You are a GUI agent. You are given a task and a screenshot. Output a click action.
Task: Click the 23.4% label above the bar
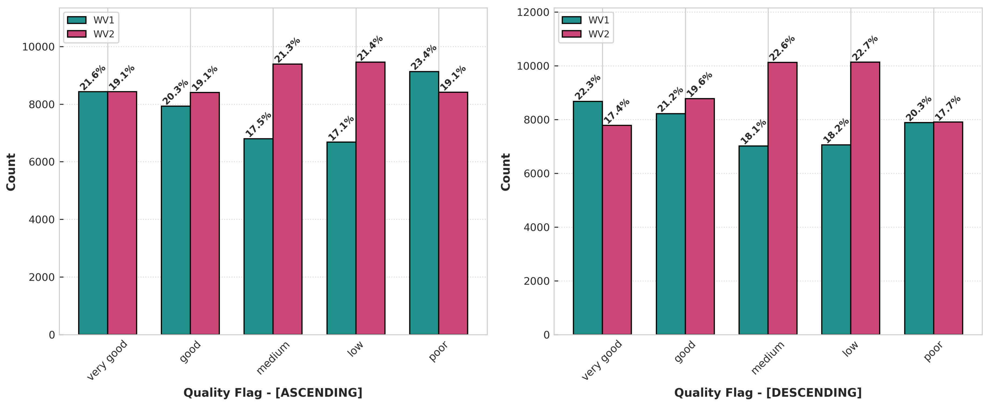(x=423, y=57)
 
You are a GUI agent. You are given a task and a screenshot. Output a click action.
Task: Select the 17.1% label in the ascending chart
(x=341, y=128)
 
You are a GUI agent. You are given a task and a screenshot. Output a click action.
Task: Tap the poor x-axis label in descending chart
(x=933, y=351)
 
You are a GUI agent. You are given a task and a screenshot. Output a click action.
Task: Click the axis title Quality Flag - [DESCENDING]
(x=768, y=393)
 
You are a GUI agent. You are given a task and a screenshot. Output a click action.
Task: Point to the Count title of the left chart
(x=11, y=172)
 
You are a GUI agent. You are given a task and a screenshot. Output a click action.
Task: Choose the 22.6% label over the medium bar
(x=781, y=48)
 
